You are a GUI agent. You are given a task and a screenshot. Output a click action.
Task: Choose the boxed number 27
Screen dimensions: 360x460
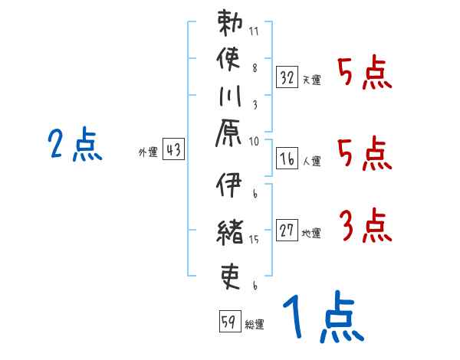(287, 230)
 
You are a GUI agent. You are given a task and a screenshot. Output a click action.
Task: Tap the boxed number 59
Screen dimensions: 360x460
(229, 322)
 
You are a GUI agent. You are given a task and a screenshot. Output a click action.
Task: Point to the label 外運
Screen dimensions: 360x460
(147, 152)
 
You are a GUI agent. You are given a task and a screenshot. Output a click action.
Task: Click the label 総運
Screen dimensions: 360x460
(255, 325)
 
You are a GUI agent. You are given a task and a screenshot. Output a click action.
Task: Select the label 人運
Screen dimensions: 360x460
(312, 161)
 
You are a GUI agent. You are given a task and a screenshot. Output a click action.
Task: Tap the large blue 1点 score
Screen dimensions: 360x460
(321, 319)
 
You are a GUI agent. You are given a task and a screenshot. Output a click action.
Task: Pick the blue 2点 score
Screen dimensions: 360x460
(75, 145)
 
